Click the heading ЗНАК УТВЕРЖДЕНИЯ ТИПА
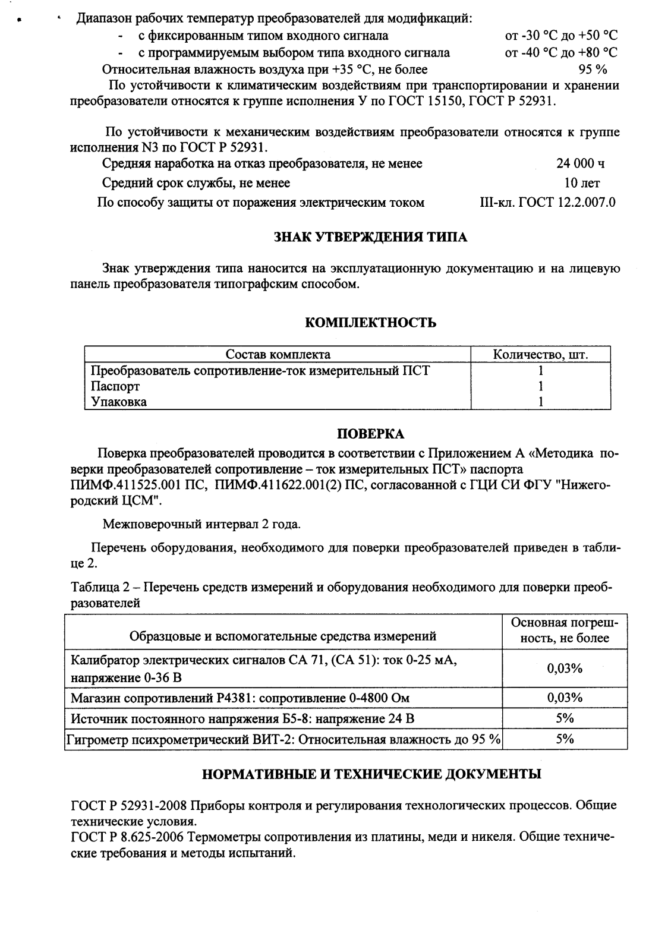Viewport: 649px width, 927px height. tap(370, 238)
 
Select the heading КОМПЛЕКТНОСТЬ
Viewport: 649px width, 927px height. tap(370, 323)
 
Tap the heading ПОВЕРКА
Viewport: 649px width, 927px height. tap(370, 434)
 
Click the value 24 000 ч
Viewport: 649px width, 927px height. tap(581, 163)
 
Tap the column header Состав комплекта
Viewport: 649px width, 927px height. tap(278, 355)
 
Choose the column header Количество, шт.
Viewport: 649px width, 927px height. tap(541, 355)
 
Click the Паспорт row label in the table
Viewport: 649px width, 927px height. tap(115, 386)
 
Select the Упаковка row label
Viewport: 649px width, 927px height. tap(119, 402)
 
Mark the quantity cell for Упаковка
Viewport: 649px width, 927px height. tap(541, 402)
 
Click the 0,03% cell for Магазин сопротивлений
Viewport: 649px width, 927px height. tap(564, 698)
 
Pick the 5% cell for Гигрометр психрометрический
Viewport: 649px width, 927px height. tap(564, 739)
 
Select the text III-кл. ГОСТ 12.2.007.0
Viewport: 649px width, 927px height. tap(547, 203)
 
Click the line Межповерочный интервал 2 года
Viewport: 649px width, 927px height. tap(201, 525)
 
